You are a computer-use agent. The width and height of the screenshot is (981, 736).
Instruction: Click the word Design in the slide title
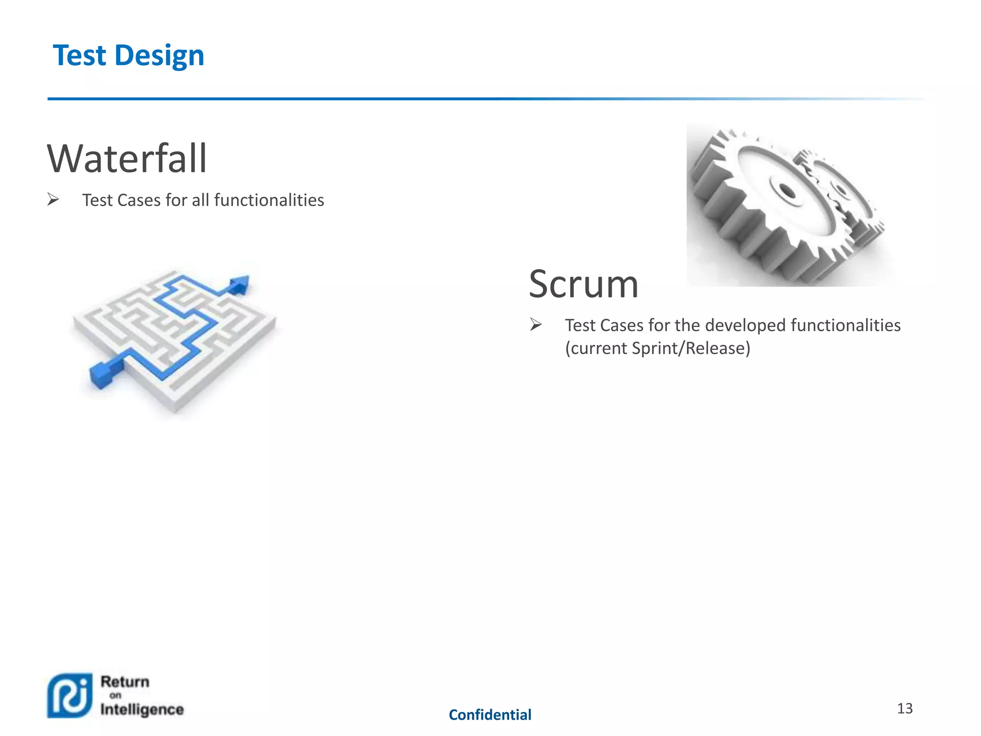160,56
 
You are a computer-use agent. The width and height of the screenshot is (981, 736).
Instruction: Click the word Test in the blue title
80,56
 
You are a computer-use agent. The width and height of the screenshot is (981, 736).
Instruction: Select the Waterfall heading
127,159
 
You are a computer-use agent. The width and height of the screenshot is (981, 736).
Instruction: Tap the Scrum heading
583,285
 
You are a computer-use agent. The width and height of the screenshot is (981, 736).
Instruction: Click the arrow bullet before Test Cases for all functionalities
53,199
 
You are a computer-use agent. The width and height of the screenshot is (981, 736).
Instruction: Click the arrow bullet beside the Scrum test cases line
536,325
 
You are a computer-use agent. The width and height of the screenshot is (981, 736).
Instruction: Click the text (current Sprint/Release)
658,348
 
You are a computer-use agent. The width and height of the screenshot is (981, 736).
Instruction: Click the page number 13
904,708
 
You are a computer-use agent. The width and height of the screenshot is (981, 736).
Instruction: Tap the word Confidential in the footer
490,715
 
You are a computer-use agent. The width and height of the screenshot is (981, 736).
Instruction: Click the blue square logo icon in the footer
70,696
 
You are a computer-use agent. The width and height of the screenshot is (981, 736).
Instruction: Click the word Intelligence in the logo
142,709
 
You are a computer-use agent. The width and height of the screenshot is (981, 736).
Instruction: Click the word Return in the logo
125,682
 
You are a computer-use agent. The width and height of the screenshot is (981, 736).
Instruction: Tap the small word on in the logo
115,695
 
